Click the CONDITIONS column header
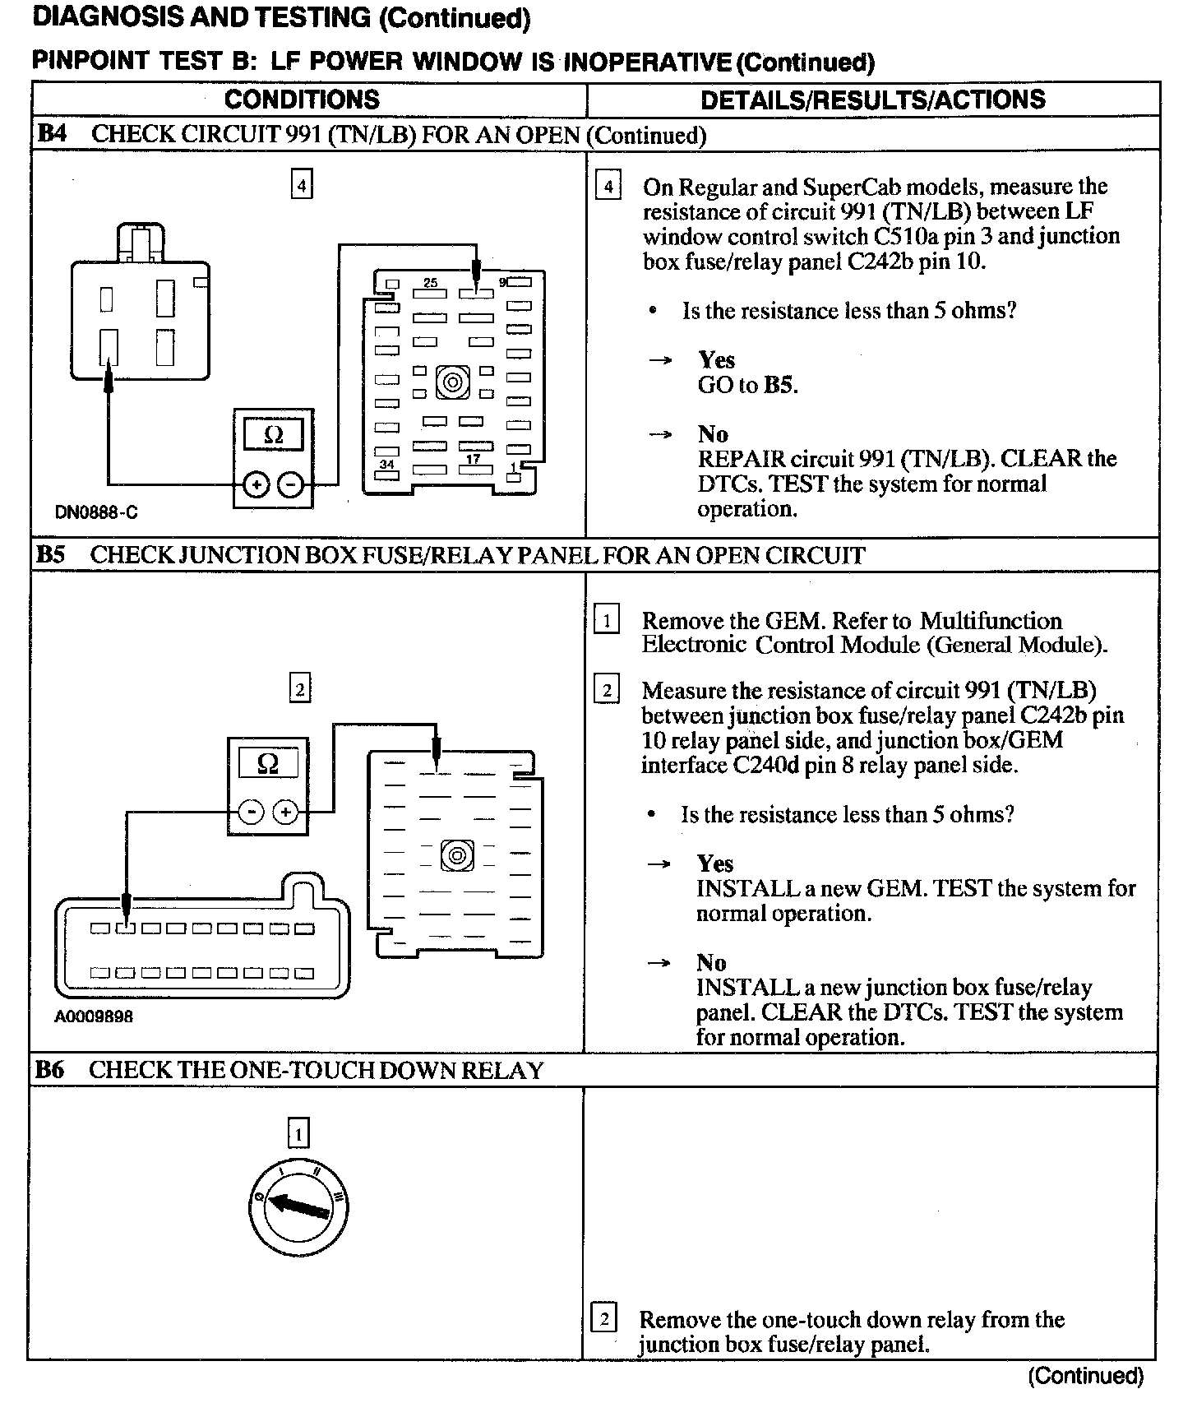click(x=302, y=100)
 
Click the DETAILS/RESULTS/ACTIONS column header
click(x=872, y=100)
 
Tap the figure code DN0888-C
click(x=96, y=512)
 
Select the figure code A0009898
click(x=94, y=1016)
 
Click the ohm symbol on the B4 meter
click(x=274, y=434)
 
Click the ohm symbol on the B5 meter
click(x=268, y=764)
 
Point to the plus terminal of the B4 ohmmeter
click(x=256, y=485)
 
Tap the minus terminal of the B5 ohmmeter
click(x=251, y=813)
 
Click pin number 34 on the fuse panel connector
click(x=386, y=465)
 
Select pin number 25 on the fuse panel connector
click(x=430, y=282)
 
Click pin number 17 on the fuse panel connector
click(x=473, y=459)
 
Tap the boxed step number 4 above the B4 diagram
click(x=302, y=186)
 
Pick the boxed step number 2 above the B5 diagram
click(x=299, y=688)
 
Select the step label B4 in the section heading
click(x=51, y=134)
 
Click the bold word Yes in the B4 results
click(x=716, y=359)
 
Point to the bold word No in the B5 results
click(x=711, y=962)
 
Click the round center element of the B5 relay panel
click(x=457, y=855)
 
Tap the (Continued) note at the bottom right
click(x=1086, y=1375)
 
